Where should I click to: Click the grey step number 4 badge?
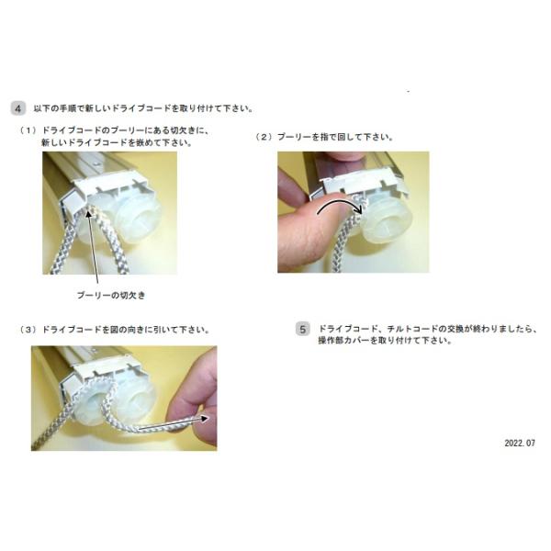(x=18, y=108)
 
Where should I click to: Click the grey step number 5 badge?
(x=302, y=330)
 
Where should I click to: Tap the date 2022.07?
(x=520, y=444)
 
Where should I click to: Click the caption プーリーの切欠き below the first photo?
(x=111, y=295)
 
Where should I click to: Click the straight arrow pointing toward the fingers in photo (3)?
(x=174, y=422)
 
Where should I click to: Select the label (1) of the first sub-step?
(x=28, y=130)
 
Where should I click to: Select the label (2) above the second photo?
(x=264, y=137)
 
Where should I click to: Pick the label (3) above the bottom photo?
(x=28, y=330)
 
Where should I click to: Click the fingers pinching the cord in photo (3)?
(x=195, y=400)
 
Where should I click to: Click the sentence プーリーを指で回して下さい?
(x=335, y=137)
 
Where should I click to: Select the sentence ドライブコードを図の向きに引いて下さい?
(x=126, y=330)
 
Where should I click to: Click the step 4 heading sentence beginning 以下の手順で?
(x=143, y=108)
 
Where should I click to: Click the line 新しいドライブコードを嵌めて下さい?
(x=117, y=142)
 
